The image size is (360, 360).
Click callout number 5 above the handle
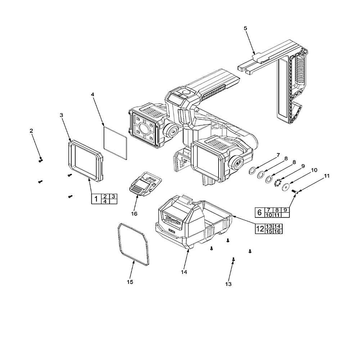pos(246,28)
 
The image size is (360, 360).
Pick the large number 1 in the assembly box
pos(96,199)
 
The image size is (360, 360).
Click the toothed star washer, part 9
pos(277,183)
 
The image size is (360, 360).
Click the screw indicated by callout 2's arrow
pos(41,160)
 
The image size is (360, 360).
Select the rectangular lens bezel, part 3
pos(85,160)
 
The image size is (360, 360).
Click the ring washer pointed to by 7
pos(253,170)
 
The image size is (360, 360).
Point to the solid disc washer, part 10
pos(286,187)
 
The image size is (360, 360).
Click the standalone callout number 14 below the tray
pos(184,272)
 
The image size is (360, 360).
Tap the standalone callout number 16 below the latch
pos(134,213)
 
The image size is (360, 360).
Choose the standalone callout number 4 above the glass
pos(93,94)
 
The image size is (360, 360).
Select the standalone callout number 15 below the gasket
pos(130,282)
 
